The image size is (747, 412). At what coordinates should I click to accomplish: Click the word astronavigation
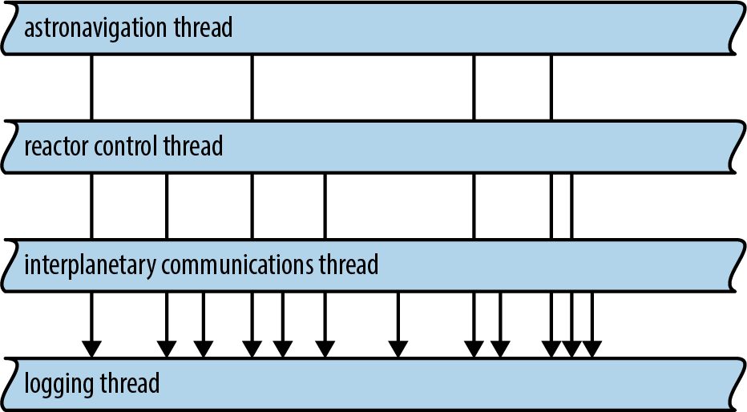95,27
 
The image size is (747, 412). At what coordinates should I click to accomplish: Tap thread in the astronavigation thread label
204,26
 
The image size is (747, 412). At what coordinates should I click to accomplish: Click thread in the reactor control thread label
193,145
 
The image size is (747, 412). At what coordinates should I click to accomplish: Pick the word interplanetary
90,265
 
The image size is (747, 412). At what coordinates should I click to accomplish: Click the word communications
236,265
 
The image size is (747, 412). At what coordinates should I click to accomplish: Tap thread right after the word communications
349,265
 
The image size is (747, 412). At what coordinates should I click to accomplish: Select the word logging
59,385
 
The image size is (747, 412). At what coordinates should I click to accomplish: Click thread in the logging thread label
130,383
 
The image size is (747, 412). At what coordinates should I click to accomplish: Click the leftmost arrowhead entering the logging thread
91,349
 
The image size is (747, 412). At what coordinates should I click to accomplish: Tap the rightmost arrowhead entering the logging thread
592,349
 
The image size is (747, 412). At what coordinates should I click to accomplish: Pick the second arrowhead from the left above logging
167,349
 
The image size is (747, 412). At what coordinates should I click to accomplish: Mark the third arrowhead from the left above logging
204,349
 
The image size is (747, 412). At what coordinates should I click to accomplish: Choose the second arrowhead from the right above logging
571,349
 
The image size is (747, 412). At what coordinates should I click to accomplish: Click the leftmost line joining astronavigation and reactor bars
91,87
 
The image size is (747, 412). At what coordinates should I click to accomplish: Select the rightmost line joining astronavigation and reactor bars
551,87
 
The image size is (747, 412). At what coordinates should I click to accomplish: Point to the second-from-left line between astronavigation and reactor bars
252,87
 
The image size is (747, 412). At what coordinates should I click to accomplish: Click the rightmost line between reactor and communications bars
571,206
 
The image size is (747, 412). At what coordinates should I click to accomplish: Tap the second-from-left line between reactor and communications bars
167,206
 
